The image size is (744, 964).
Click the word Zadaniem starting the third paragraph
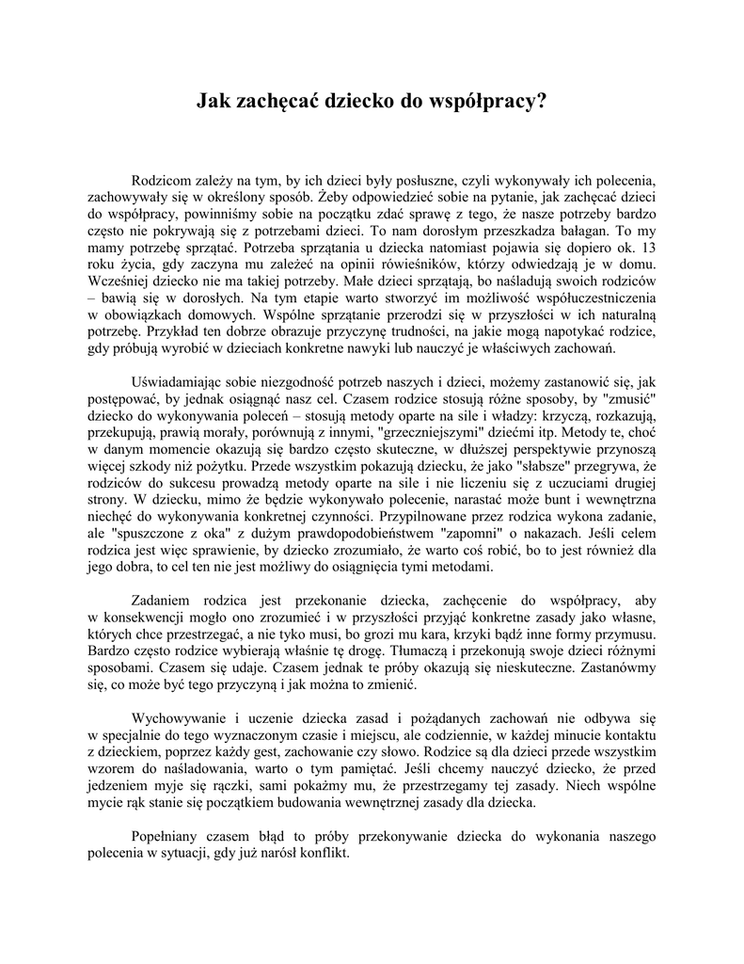click(165, 603)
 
